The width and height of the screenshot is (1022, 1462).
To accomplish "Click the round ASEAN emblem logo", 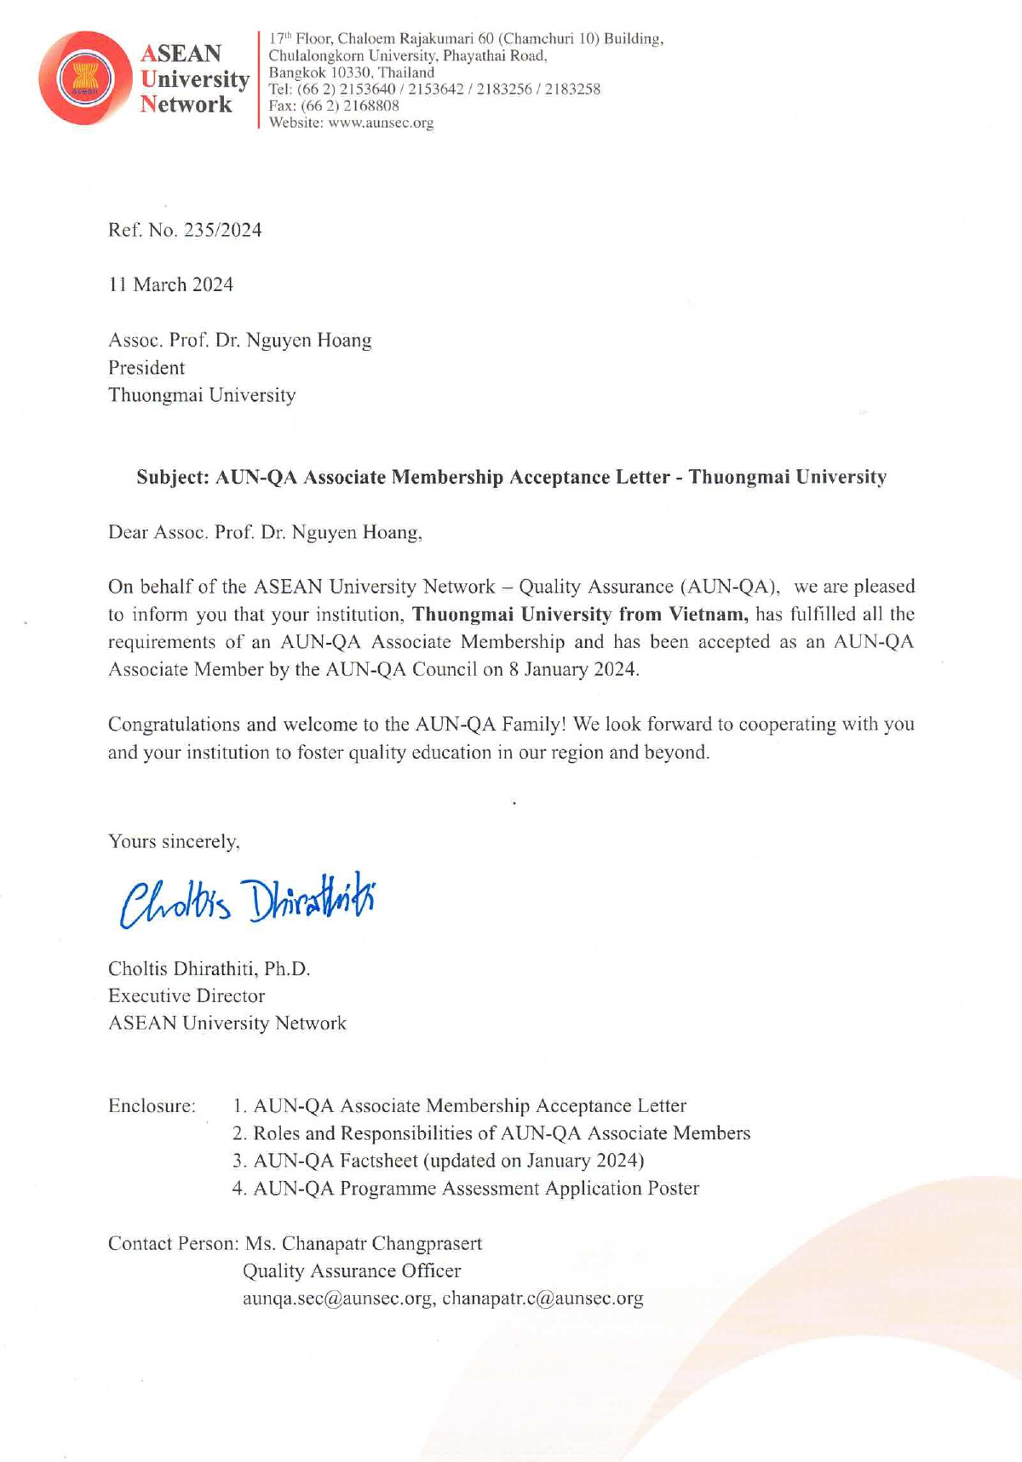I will point(84,78).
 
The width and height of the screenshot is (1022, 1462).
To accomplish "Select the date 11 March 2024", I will point(170,284).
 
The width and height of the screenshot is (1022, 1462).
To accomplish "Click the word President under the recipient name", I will point(146,368).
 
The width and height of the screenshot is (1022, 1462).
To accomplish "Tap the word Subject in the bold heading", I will point(173,477).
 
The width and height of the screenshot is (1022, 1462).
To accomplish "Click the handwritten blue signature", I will point(247,900).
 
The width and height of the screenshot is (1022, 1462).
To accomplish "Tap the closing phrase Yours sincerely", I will point(174,841).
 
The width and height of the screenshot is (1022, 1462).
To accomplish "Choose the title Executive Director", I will point(187,995).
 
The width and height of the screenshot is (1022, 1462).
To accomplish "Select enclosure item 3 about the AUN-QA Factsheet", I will point(439,1161).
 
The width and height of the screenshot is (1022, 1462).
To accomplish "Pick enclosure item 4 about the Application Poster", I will point(466,1188).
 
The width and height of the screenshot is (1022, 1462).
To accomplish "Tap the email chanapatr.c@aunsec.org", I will point(543,1299).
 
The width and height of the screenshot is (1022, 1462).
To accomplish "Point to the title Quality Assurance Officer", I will point(352,1271).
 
